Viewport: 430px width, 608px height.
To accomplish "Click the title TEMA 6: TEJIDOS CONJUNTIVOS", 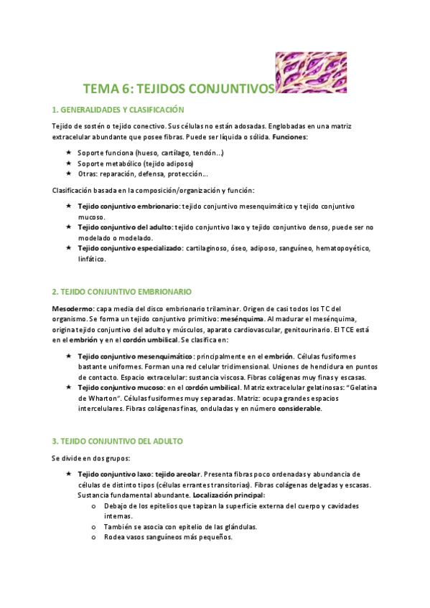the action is point(179,89).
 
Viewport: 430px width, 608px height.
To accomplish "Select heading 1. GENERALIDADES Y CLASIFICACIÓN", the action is point(118,110).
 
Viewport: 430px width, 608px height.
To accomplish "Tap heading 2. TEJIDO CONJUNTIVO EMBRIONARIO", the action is point(121,292).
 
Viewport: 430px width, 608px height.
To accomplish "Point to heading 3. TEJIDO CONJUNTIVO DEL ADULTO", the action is point(117,440).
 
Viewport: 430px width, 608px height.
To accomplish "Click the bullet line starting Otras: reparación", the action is point(144,174).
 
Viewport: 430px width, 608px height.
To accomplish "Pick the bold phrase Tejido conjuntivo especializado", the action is point(128,247).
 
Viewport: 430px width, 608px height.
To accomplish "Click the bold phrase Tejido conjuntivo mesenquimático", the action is point(134,356).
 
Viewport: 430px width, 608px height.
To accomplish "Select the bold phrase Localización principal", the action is point(229,495).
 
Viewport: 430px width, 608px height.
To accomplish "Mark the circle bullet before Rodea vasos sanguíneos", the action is point(95,537).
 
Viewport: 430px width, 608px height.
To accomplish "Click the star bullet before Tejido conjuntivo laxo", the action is point(68,475).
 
